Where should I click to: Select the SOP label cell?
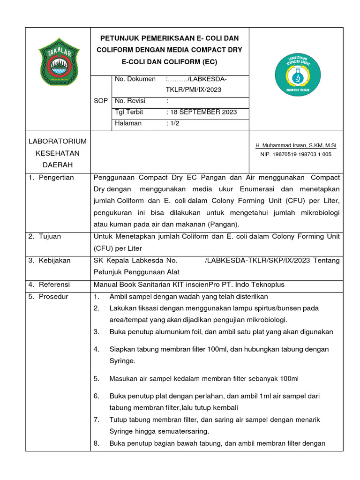[x=101, y=101]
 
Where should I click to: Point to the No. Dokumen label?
[x=135, y=79]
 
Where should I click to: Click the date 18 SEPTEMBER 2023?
[x=202, y=112]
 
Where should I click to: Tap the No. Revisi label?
[x=130, y=101]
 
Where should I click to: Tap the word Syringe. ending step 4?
[x=122, y=361]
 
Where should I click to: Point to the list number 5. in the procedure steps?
[x=97, y=378]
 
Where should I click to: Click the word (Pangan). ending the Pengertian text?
[x=223, y=224]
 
